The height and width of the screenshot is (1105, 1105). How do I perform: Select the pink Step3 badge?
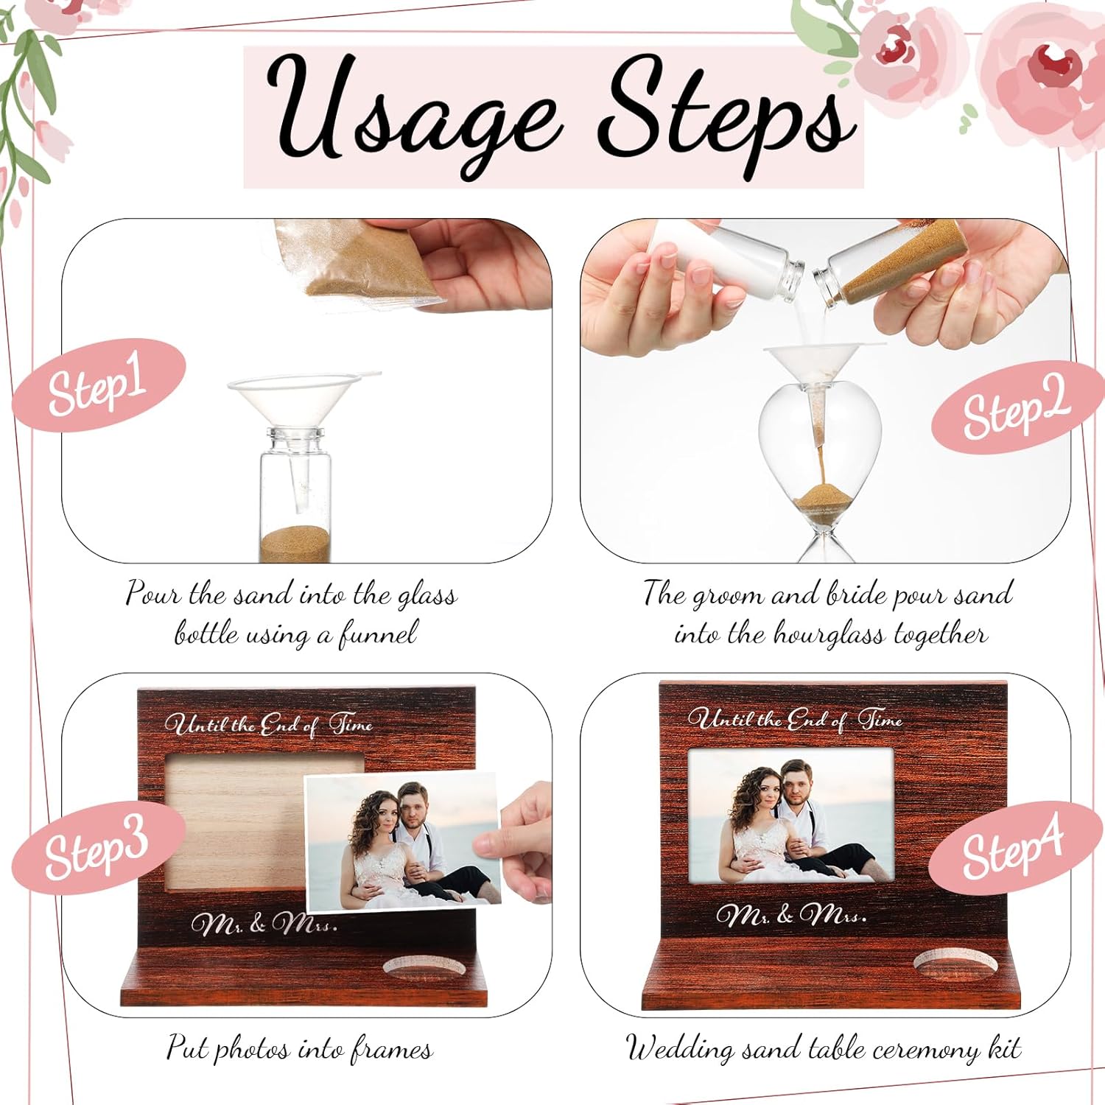(x=97, y=847)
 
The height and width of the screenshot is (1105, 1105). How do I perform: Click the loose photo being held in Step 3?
(x=403, y=841)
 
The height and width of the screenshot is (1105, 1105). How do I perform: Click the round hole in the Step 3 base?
(x=425, y=967)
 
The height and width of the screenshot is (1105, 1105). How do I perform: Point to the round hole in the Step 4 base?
(x=955, y=965)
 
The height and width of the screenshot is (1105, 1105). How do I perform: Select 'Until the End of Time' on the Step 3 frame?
(x=269, y=724)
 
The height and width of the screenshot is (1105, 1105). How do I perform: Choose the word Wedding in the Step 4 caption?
(x=680, y=1048)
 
